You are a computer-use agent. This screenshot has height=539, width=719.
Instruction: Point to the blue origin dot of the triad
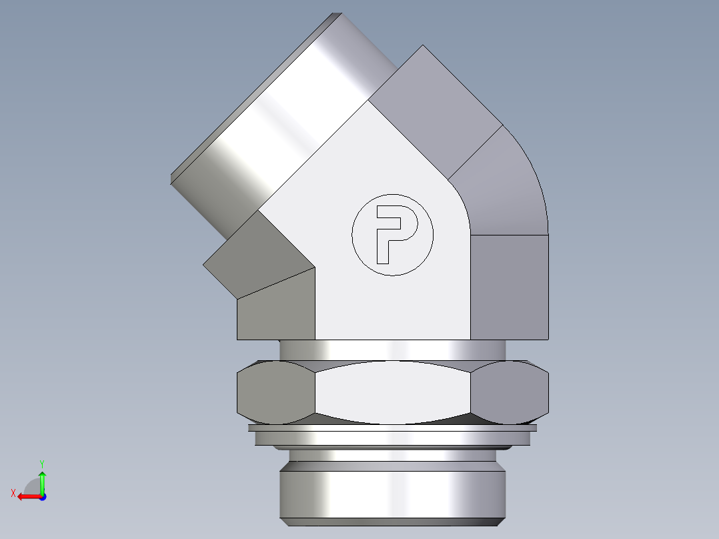pyautogui.click(x=42, y=496)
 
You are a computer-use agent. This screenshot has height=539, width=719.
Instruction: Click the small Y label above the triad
pyautogui.click(x=41, y=463)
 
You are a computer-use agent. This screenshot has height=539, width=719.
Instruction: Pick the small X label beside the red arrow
pyautogui.click(x=13, y=493)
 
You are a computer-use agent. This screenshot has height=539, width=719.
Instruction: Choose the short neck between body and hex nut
pyautogui.click(x=392, y=350)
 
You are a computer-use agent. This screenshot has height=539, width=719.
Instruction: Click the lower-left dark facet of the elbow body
pyautogui.click(x=276, y=310)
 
